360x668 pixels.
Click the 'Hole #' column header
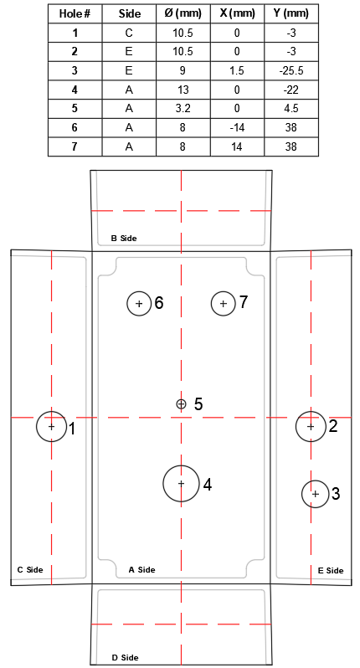pyautogui.click(x=75, y=13)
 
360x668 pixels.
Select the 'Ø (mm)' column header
pyautogui.click(x=183, y=13)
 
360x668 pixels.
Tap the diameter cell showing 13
pyautogui.click(x=183, y=90)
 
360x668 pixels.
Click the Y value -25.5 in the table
pyautogui.click(x=291, y=70)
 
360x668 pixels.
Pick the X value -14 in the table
pyautogui.click(x=237, y=127)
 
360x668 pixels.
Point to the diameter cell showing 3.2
pyautogui.click(x=183, y=109)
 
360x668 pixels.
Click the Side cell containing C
pyautogui.click(x=129, y=33)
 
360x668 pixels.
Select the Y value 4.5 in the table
pyautogui.click(x=291, y=109)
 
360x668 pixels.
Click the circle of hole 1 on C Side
pyautogui.click(x=37, y=426)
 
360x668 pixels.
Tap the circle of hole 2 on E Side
pyautogui.click(x=296, y=426)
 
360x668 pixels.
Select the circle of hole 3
pyautogui.click(x=302, y=494)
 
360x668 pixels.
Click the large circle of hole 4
pyautogui.click(x=163, y=483)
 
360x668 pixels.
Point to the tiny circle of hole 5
pyautogui.click(x=177, y=403)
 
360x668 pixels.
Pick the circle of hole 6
pyautogui.click(x=127, y=303)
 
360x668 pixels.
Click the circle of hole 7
pyautogui.click(x=211, y=303)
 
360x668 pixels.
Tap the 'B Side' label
pyautogui.click(x=124, y=238)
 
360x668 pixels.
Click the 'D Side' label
pyautogui.click(x=125, y=658)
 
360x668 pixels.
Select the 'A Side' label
pyautogui.click(x=141, y=569)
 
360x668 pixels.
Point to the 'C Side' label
pyautogui.click(x=30, y=569)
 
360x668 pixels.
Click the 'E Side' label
pyautogui.click(x=331, y=570)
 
